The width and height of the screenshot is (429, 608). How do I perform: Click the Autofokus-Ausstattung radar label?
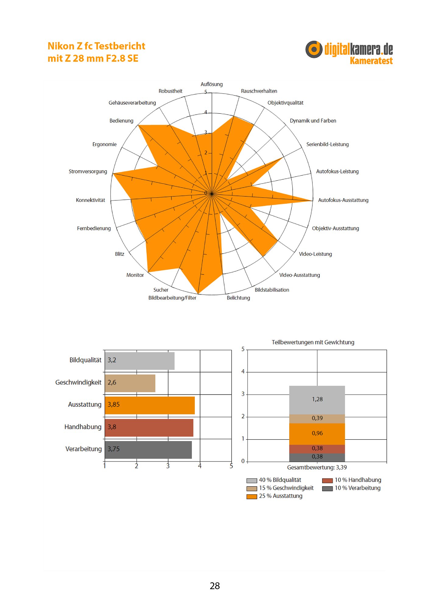tap(343, 200)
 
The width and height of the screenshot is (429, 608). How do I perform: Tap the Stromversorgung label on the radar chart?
tap(88, 171)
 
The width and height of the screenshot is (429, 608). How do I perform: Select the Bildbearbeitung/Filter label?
tap(172, 298)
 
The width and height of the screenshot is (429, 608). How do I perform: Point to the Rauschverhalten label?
tap(259, 91)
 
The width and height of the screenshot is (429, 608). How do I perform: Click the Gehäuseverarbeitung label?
tap(132, 103)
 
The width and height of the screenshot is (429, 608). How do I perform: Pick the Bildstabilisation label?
tap(272, 290)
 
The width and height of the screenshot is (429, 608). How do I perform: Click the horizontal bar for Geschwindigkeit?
tap(130, 383)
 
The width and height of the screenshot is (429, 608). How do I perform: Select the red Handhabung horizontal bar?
tap(149, 427)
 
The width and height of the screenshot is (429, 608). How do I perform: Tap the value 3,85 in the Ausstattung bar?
tap(114, 405)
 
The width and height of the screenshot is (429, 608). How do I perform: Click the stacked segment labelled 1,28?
tap(317, 399)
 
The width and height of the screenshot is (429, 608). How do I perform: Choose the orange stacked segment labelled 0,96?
tap(317, 434)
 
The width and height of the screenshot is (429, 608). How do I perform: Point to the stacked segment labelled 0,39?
tap(317, 418)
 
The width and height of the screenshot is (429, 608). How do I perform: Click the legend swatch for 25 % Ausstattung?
tap(252, 496)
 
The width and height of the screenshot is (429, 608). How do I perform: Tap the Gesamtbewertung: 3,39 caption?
tap(317, 468)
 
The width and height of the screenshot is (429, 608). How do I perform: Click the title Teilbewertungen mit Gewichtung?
tap(313, 342)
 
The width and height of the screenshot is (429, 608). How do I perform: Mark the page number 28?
tap(215, 586)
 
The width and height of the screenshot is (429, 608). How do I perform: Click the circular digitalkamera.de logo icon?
tap(314, 49)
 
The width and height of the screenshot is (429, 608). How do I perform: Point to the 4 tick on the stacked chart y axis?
tap(243, 371)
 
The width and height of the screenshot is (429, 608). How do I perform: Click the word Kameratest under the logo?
tap(371, 61)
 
